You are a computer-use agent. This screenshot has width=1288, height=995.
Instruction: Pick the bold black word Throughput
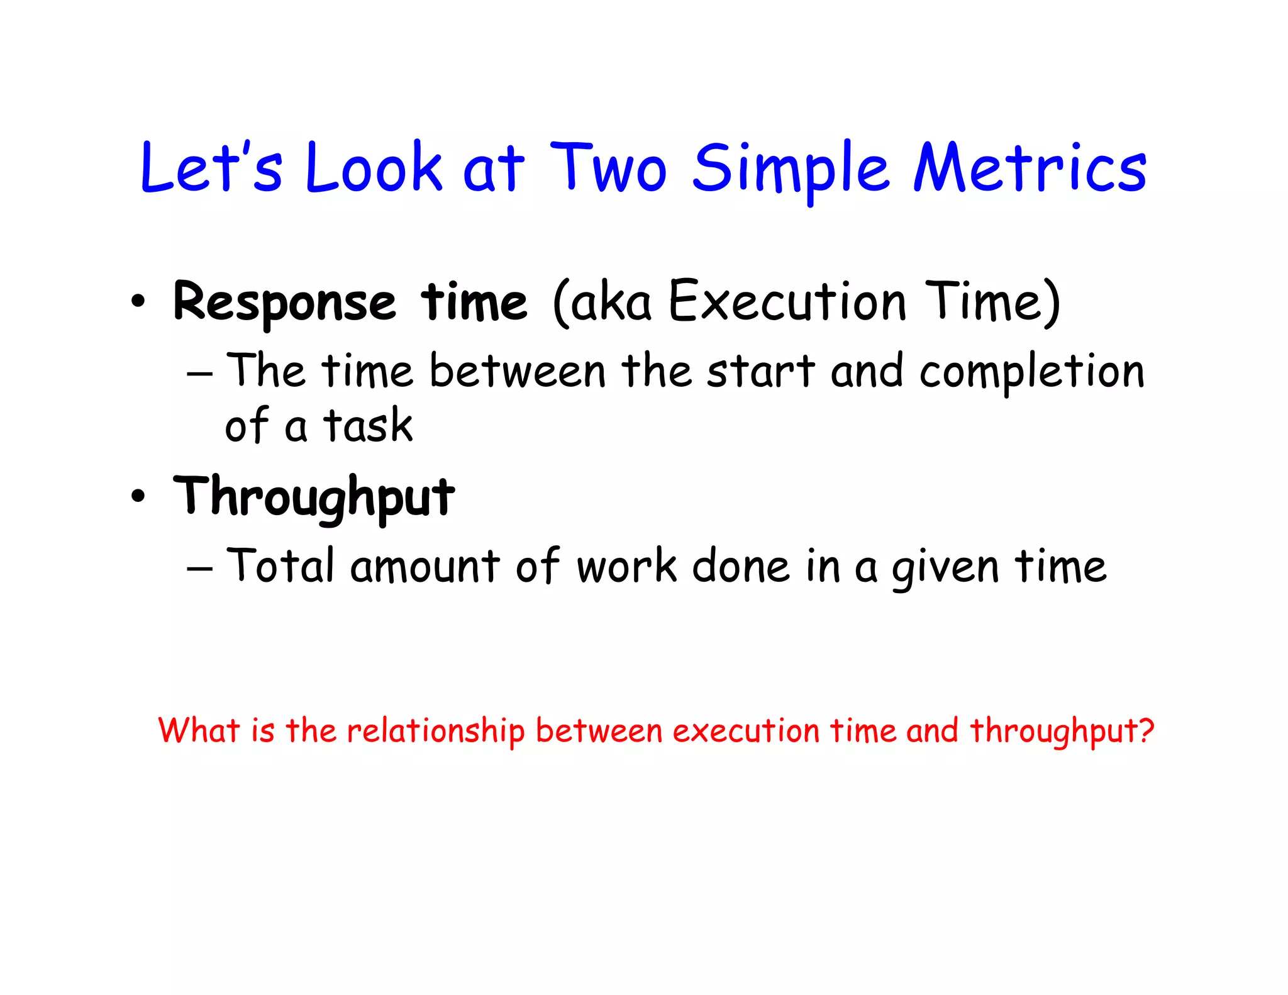tap(314, 497)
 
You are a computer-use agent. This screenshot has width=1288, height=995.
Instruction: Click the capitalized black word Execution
tap(787, 302)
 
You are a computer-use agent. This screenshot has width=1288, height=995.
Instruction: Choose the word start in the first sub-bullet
tap(761, 371)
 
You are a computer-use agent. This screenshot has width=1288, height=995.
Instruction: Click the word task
tap(368, 425)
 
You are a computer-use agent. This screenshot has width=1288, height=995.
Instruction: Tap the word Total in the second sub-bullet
tap(280, 565)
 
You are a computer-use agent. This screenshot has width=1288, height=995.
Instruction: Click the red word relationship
tap(435, 731)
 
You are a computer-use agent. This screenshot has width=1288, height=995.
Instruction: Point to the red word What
tap(199, 730)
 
